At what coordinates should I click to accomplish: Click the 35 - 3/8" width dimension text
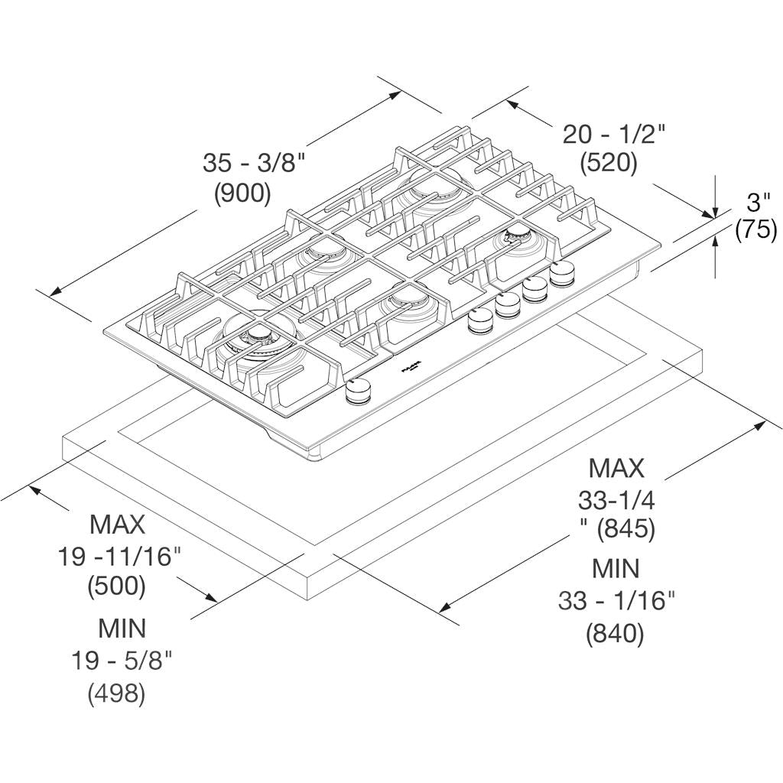pos(254,163)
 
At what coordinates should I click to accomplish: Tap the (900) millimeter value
pos(242,193)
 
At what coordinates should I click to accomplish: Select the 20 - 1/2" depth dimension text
pos(615,135)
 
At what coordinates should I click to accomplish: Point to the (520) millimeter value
pos(609,163)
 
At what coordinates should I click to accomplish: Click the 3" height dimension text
pos(758,202)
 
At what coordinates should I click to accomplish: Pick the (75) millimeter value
pos(755,230)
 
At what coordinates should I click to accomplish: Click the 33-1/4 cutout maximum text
pos(616,500)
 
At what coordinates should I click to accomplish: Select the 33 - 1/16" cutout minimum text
pos(616,601)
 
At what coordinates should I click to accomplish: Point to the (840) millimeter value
pos(615,633)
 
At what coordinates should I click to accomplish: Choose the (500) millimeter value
pos(116,586)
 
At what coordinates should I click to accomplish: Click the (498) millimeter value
pos(116,693)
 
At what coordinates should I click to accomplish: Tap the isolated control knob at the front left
pos(357,392)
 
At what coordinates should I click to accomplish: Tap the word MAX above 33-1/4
pos(616,467)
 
